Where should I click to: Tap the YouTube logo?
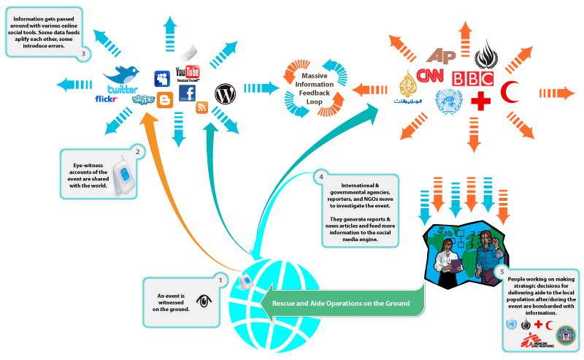tap(188, 72)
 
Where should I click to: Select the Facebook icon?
tap(188, 93)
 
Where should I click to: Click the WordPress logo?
tap(225, 93)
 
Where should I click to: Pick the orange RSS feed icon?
tap(202, 108)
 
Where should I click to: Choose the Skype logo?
tap(143, 99)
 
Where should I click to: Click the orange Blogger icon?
tap(165, 101)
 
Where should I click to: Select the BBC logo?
tap(472, 78)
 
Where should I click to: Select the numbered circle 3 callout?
tap(85, 53)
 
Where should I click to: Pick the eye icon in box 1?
tap(202, 301)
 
